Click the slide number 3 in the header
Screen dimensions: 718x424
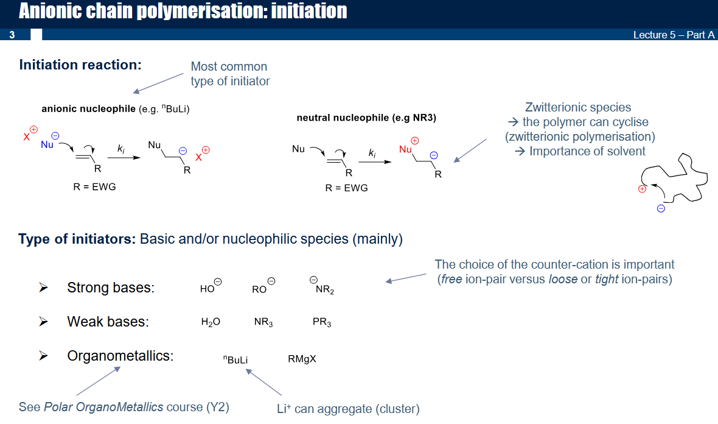[12, 35]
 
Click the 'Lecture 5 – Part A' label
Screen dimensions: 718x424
[674, 35]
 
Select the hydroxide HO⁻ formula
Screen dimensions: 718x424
[211, 286]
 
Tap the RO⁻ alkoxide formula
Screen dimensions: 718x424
[263, 286]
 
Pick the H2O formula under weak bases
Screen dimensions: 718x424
[211, 322]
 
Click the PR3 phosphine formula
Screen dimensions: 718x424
[322, 322]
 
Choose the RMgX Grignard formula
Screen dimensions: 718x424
[302, 358]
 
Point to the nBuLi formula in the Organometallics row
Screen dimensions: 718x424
[235, 359]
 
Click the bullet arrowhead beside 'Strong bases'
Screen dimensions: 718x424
[43, 288]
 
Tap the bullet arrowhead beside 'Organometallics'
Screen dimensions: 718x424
[43, 355]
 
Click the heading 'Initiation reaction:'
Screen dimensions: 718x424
[80, 65]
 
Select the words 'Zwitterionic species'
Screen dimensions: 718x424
[578, 107]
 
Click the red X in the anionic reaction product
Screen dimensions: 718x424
[199, 157]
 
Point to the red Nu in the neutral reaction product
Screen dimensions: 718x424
[405, 149]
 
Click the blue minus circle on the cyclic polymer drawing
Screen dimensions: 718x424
[661, 208]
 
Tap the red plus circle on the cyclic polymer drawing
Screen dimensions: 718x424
[643, 189]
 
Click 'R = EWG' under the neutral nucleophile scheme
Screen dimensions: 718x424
[347, 188]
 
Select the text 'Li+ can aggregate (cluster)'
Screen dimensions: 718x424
[348, 408]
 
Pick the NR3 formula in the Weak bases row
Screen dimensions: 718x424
[263, 322]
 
